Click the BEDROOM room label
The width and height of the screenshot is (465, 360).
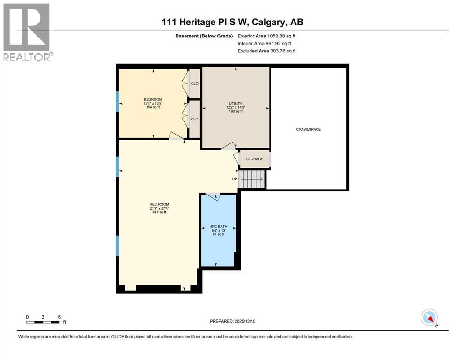tap(153, 99)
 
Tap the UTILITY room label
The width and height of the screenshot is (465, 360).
tap(235, 103)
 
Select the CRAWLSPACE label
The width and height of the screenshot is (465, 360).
tap(308, 129)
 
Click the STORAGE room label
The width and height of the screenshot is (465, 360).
tap(254, 159)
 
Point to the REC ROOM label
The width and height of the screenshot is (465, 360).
tap(159, 204)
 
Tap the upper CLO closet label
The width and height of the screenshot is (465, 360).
tap(194, 84)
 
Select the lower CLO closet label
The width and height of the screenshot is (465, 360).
tap(194, 119)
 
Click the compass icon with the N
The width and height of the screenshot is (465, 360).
tap(429, 318)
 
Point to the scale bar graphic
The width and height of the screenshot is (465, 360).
tap(43, 322)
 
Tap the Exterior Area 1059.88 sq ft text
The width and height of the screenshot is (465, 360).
tap(266, 36)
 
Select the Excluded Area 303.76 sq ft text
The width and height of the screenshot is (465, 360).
tap(266, 51)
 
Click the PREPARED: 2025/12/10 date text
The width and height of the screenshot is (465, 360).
tap(233, 321)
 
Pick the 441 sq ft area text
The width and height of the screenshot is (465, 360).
tap(159, 212)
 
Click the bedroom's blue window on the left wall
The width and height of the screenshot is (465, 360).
tap(118, 101)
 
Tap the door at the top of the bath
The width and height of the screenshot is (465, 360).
tap(213, 196)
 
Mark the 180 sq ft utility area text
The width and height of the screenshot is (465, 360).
tap(235, 111)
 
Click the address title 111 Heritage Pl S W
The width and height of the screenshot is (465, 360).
tap(232, 22)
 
